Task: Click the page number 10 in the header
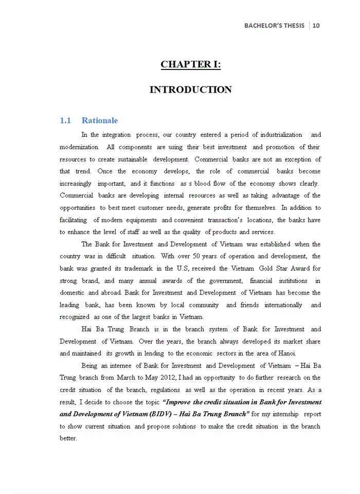[x=316, y=25]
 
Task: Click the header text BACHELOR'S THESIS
[x=274, y=25]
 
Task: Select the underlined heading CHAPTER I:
[x=190, y=64]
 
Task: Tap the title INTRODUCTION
[x=190, y=90]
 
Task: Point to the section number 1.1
[x=65, y=120]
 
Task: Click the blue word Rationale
[x=99, y=120]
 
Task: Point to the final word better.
[x=68, y=438]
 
